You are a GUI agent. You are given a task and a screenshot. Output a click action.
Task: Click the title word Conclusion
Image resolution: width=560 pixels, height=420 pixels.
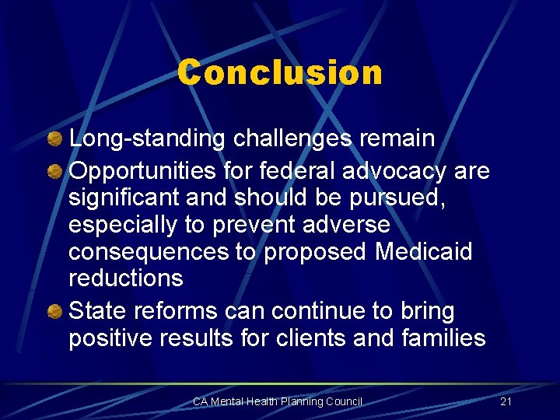[x=280, y=73]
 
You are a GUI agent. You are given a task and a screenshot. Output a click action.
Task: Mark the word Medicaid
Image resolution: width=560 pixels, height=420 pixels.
[x=424, y=251]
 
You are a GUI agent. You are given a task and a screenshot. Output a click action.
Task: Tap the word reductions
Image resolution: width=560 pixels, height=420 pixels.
[x=126, y=278]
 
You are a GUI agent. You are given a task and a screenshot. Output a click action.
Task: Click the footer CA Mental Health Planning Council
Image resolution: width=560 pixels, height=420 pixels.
[x=278, y=401]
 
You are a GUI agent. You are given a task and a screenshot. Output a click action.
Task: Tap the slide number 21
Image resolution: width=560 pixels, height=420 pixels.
[x=506, y=401]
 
